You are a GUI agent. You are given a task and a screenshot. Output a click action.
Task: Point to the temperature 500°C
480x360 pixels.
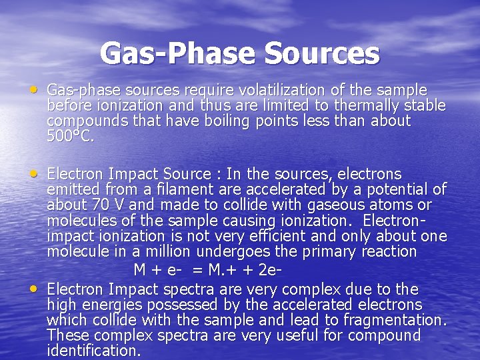coord(71,137)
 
